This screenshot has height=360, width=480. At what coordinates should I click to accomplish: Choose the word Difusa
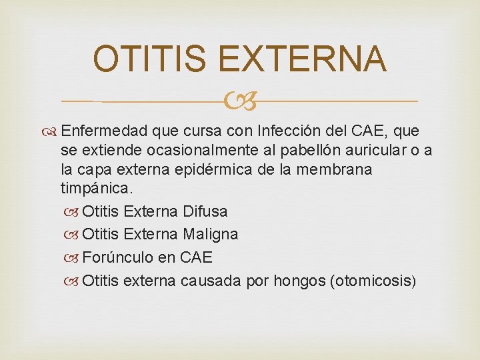pos(205,211)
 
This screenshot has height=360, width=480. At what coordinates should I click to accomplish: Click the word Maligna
pos(209,234)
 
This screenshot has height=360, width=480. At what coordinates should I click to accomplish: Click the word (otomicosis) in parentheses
pos(373,280)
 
